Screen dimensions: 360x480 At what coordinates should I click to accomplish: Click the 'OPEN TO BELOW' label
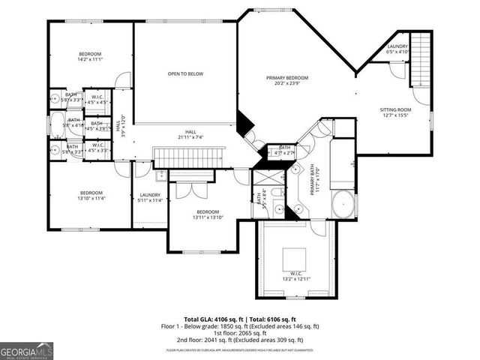tap(185, 73)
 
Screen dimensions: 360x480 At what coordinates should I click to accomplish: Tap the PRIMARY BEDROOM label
tap(287, 78)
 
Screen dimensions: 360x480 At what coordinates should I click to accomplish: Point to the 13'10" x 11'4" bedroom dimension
tap(91, 199)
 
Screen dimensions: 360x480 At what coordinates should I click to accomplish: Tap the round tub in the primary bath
tap(343, 203)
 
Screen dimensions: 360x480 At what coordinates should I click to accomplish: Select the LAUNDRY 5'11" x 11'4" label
tap(151, 198)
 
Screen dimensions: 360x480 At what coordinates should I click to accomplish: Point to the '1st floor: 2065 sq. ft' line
tap(241, 333)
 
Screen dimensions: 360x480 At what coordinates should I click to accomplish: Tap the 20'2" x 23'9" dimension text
tap(287, 84)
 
